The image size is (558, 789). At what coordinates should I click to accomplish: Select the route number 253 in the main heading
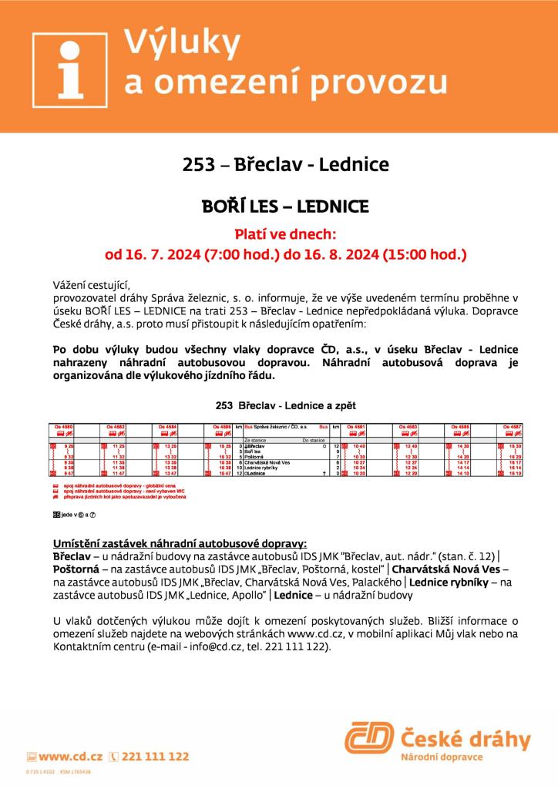coord(197,165)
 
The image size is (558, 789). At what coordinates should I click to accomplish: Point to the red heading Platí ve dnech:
coord(286,233)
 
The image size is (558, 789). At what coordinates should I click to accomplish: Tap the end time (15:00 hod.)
coord(424,252)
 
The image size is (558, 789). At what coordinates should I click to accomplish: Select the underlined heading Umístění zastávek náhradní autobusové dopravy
coord(180,544)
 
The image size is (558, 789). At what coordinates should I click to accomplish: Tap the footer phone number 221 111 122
coord(155,757)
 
